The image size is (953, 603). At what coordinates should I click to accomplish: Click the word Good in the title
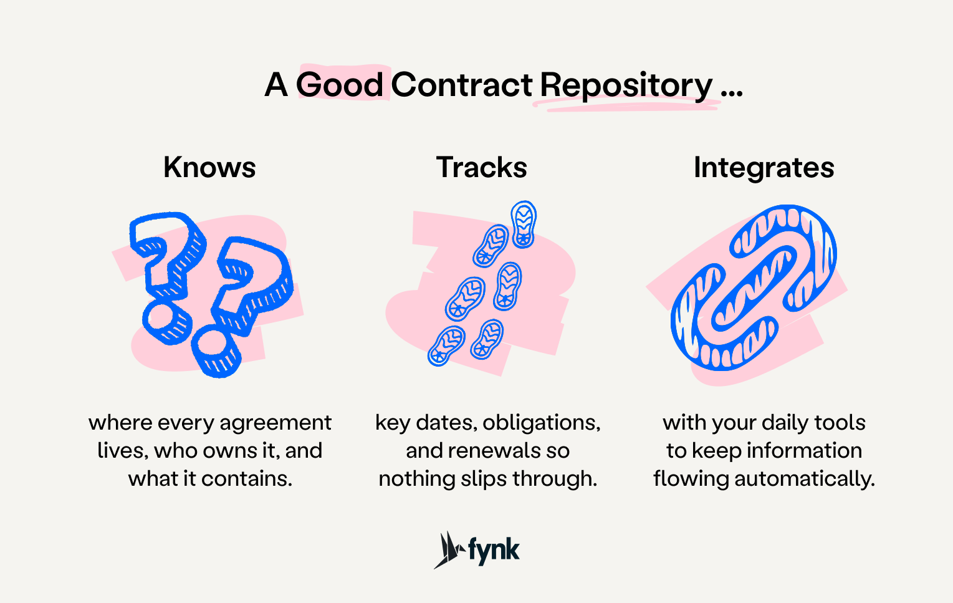point(340,85)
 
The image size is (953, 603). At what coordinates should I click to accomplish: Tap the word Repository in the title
point(626,85)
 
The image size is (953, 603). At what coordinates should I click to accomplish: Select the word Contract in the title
point(462,85)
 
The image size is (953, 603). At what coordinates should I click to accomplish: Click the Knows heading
point(209,167)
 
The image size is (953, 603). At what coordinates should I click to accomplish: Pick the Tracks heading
point(481,167)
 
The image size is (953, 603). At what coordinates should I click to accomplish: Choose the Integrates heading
point(764,167)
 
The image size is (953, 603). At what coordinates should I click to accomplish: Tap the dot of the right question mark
point(215,352)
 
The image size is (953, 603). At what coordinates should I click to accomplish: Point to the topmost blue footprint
point(524,224)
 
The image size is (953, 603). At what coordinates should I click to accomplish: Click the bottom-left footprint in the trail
point(446,345)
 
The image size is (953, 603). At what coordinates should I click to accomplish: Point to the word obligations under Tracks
point(541,423)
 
